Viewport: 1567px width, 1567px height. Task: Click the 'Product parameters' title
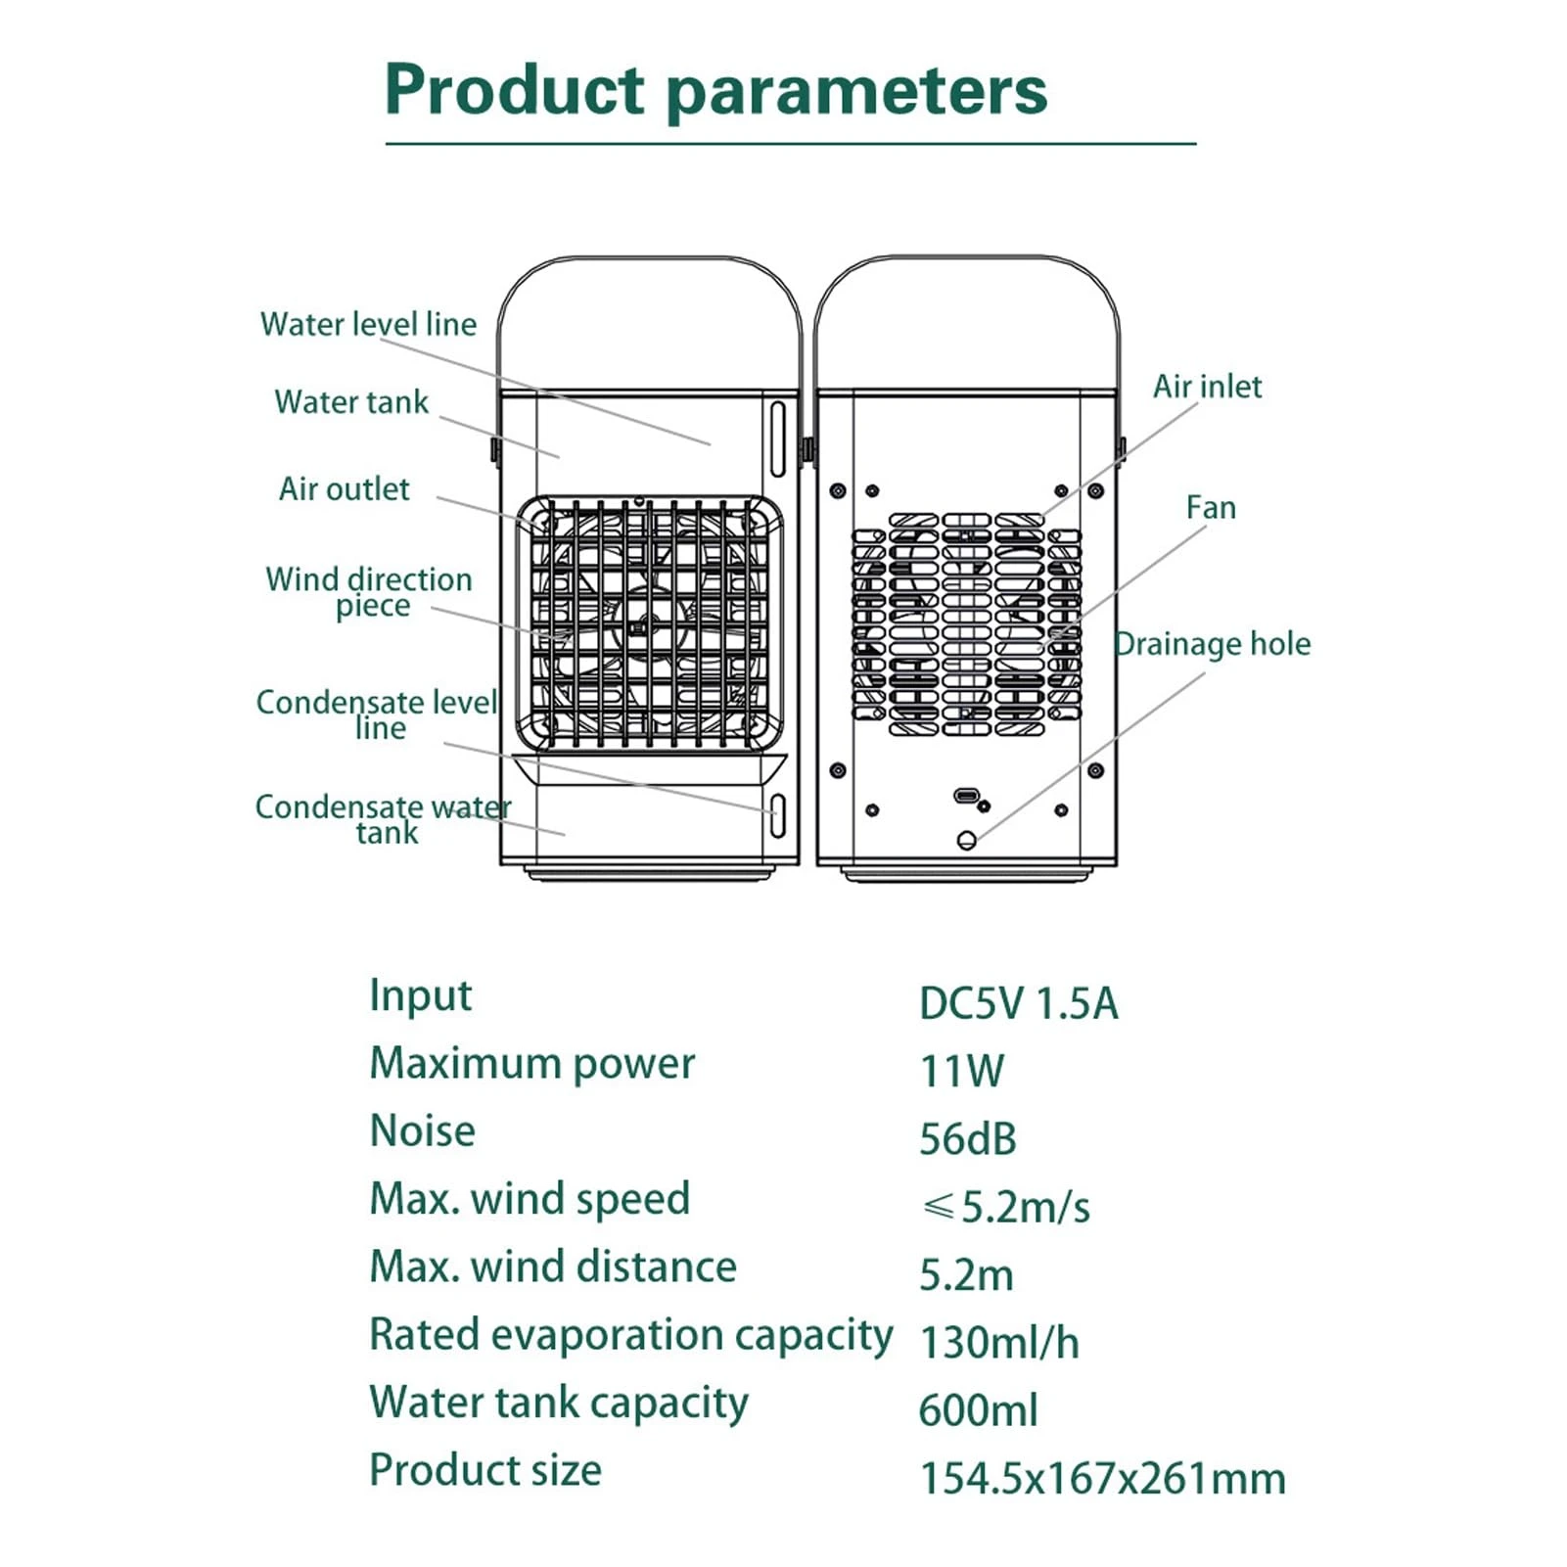715,91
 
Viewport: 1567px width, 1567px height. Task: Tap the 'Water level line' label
368,324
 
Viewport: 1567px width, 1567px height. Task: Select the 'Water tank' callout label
351,401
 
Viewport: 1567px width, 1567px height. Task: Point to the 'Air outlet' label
345,488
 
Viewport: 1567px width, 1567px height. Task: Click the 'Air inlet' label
1207,387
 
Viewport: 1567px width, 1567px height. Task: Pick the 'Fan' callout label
1211,508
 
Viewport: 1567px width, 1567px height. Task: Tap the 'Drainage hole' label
1214,644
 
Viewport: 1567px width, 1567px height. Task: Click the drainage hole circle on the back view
967,840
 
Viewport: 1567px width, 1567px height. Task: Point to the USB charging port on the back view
967,795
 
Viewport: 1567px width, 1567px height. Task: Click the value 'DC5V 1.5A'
1018,1004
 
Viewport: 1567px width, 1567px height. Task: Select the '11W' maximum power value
961,1072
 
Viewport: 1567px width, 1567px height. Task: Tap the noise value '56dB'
968,1139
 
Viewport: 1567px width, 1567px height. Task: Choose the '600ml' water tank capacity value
978,1410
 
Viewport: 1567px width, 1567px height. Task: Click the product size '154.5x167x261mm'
1102,1478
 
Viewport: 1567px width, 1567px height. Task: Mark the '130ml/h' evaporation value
999,1343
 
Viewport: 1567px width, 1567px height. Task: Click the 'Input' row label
420,996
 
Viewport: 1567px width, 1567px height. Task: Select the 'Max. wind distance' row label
553,1267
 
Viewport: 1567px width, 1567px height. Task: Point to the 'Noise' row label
423,1131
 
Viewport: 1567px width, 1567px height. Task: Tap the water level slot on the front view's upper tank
778,438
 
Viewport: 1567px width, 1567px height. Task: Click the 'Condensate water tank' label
383,819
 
